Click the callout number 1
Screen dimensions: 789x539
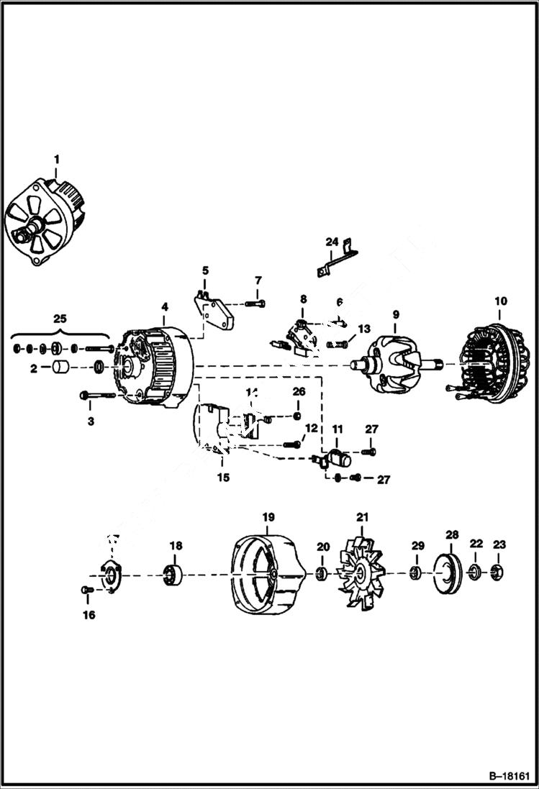point(57,159)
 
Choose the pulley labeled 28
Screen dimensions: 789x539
point(451,573)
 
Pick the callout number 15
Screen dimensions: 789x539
point(223,478)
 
